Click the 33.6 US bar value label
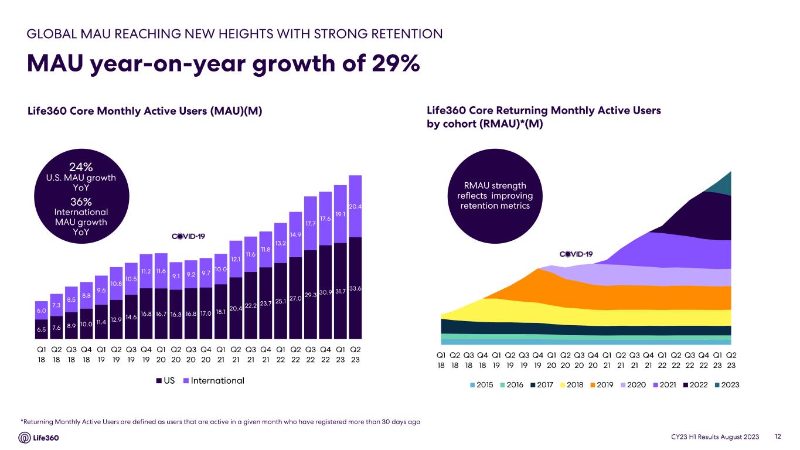pyautogui.click(x=355, y=289)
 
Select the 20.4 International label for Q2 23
pyautogui.click(x=355, y=206)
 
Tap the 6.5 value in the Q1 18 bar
pyautogui.click(x=42, y=330)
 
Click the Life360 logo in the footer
pyautogui.click(x=39, y=438)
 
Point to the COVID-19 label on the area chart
pyautogui.click(x=577, y=254)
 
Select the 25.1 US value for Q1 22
pyautogui.click(x=280, y=301)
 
